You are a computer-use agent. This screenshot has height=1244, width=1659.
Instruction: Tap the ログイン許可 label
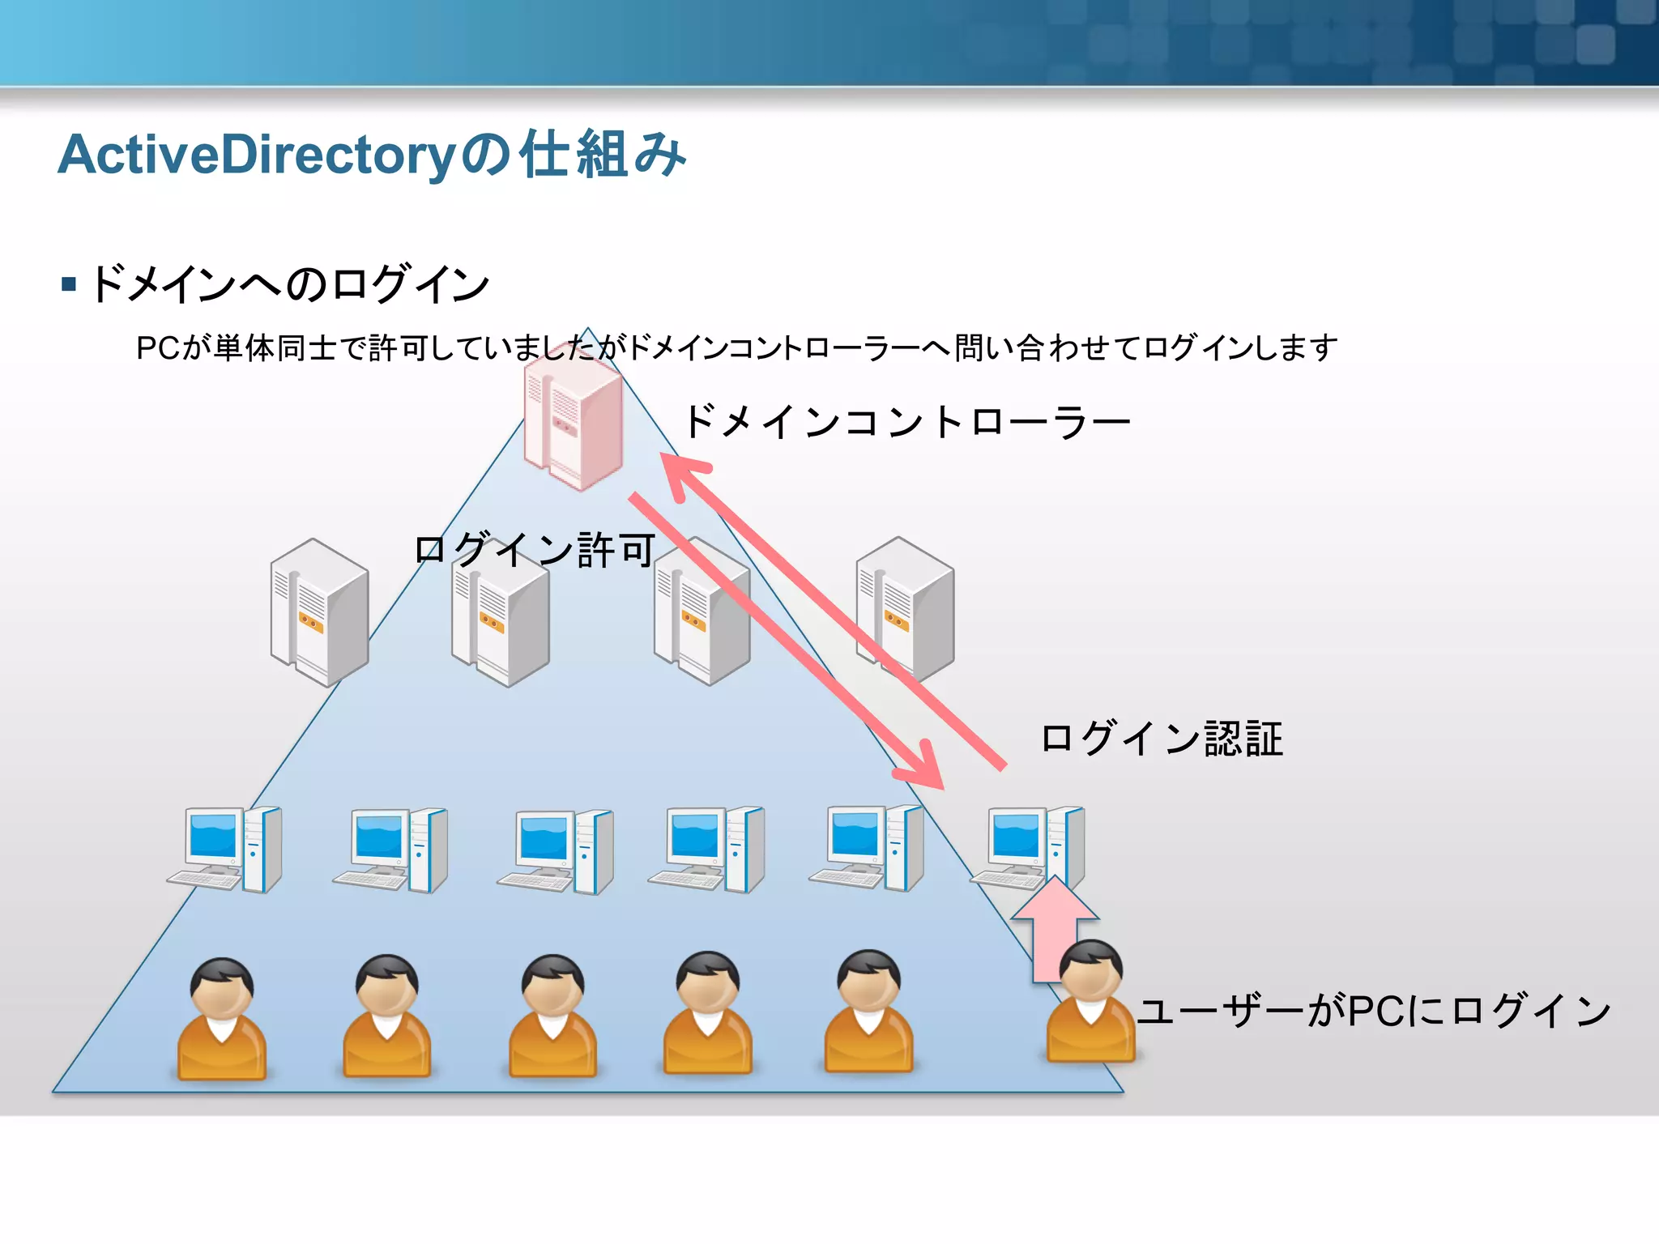(x=535, y=550)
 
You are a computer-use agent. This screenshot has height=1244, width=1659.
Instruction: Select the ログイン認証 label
(x=1162, y=739)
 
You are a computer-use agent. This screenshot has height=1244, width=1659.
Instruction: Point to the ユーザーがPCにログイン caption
(x=1374, y=1011)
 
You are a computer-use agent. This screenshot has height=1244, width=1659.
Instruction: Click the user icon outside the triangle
(x=1090, y=1003)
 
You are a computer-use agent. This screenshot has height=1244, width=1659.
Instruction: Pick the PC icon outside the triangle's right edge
(x=1029, y=848)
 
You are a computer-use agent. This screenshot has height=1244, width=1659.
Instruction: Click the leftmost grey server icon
(x=320, y=612)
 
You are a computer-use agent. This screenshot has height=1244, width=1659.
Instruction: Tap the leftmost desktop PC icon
(x=225, y=850)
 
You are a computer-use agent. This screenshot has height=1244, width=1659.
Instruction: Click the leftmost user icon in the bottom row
(x=222, y=1019)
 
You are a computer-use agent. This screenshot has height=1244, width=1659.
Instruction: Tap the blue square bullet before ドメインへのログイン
(x=69, y=284)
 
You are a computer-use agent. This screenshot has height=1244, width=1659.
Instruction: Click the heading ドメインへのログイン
(x=290, y=284)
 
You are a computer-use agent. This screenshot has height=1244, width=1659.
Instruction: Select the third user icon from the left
(x=552, y=1016)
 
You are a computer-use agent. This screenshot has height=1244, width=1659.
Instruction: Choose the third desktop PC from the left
(x=556, y=851)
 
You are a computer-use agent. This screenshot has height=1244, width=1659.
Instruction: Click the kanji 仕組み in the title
(x=603, y=155)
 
